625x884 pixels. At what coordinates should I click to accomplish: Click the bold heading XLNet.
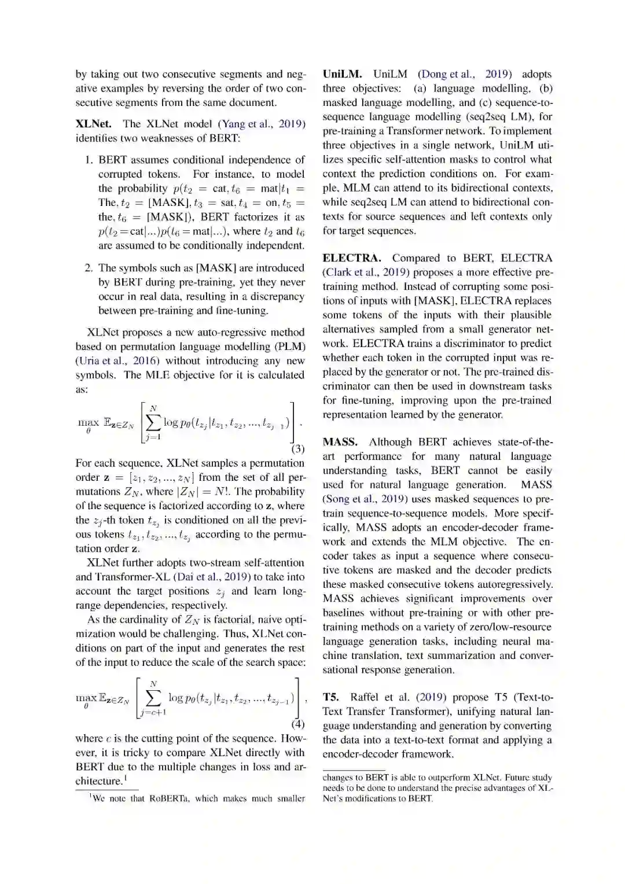94,123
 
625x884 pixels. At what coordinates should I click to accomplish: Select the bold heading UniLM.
342,74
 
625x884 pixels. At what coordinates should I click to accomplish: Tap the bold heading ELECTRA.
352,258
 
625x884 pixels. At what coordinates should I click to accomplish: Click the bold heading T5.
330,697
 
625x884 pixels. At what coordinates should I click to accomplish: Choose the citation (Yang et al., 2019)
261,123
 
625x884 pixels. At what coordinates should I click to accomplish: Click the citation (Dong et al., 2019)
465,74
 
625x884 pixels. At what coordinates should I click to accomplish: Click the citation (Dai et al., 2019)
212,577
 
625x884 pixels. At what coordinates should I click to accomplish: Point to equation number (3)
297,448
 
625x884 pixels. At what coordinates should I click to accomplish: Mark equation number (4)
297,724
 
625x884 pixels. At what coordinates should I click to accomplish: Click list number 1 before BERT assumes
89,160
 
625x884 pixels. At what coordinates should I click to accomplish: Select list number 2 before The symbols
89,268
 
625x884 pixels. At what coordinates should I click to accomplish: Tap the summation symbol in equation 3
153,423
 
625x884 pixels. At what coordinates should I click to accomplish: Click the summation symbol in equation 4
153,698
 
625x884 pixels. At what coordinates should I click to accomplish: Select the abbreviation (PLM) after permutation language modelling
289,347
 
